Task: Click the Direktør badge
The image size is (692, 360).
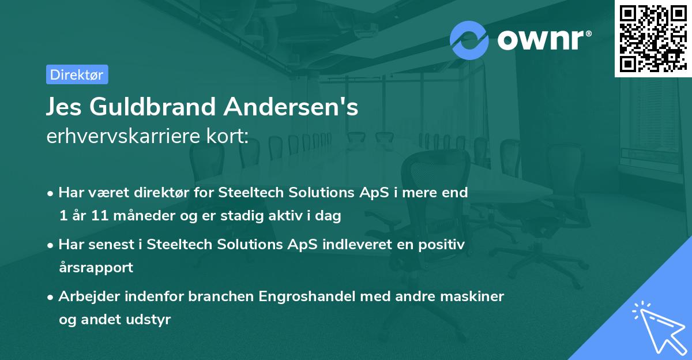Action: pyautogui.click(x=77, y=74)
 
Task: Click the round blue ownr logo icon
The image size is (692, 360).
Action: pyautogui.click(x=469, y=40)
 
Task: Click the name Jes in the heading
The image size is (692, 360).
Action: pyautogui.click(x=65, y=107)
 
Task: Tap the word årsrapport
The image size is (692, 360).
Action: pyautogui.click(x=96, y=268)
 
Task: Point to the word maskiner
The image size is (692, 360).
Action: pyautogui.click(x=476, y=297)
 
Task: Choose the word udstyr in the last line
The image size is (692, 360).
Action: pyautogui.click(x=152, y=320)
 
